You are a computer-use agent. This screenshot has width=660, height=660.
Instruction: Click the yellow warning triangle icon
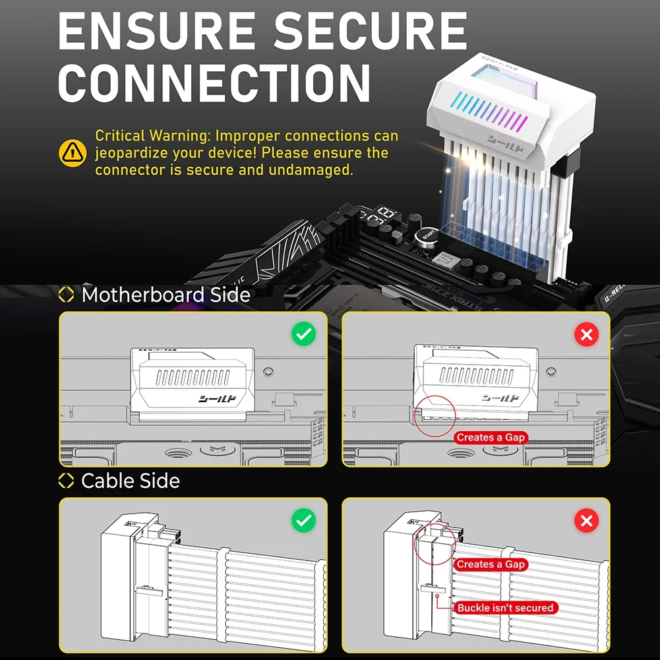point(73,153)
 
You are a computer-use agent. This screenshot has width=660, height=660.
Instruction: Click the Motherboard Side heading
point(165,295)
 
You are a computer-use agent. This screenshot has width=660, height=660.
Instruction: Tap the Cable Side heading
point(130,481)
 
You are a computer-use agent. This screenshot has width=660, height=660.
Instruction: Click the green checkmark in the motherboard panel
point(303,334)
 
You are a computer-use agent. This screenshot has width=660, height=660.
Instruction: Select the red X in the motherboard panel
point(585,334)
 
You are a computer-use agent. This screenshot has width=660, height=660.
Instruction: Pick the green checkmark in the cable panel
point(303,521)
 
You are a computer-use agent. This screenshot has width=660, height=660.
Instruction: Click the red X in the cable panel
point(585,521)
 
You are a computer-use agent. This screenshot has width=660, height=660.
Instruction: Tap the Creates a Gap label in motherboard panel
point(491,438)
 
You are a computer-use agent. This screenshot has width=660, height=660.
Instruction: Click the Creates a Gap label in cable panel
point(491,564)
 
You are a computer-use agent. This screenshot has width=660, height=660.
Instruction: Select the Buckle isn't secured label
point(505,607)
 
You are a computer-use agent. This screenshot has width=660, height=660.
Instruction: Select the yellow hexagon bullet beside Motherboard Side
point(66,295)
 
